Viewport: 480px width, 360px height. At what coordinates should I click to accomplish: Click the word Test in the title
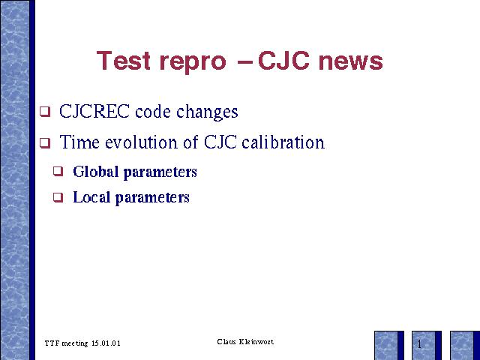point(123,60)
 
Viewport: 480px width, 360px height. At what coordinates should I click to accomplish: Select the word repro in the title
point(193,63)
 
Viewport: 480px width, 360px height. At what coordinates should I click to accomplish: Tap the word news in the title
point(350,61)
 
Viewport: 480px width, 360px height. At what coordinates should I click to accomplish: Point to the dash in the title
point(245,61)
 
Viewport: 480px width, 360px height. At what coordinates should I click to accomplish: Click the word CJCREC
point(94,111)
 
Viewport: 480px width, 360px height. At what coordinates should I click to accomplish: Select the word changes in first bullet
point(207,112)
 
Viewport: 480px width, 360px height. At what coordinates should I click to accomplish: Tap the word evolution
point(142,142)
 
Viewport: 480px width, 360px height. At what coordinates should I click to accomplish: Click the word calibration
point(283,142)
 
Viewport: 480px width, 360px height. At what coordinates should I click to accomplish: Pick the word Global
point(95,172)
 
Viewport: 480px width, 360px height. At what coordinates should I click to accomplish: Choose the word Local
point(91,197)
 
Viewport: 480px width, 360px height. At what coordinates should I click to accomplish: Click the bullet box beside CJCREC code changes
point(45,112)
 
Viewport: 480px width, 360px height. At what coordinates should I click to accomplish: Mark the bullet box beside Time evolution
point(45,142)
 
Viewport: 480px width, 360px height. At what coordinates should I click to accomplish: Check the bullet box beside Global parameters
point(58,171)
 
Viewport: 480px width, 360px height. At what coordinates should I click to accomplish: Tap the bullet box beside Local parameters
point(58,197)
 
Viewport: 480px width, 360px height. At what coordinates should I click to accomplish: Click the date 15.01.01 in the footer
point(106,343)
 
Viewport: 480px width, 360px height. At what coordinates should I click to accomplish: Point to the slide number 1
point(419,344)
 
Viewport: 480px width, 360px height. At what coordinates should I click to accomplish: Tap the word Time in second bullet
point(79,142)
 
